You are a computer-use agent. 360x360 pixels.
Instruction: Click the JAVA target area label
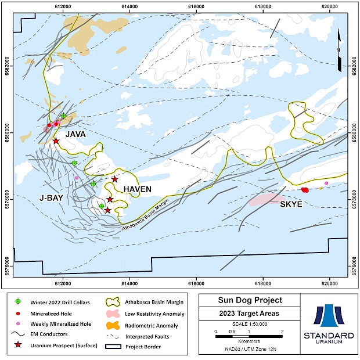coord(75,134)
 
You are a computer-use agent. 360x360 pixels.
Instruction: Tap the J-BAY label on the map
coord(51,197)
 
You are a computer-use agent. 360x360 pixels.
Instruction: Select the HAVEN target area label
coord(137,189)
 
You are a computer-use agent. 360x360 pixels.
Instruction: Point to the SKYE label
coord(291,205)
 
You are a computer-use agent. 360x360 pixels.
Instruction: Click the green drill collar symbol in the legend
coord(18,302)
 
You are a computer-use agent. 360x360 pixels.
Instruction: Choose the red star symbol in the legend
coord(18,346)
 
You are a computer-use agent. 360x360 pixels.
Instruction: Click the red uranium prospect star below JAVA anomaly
coord(56,141)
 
